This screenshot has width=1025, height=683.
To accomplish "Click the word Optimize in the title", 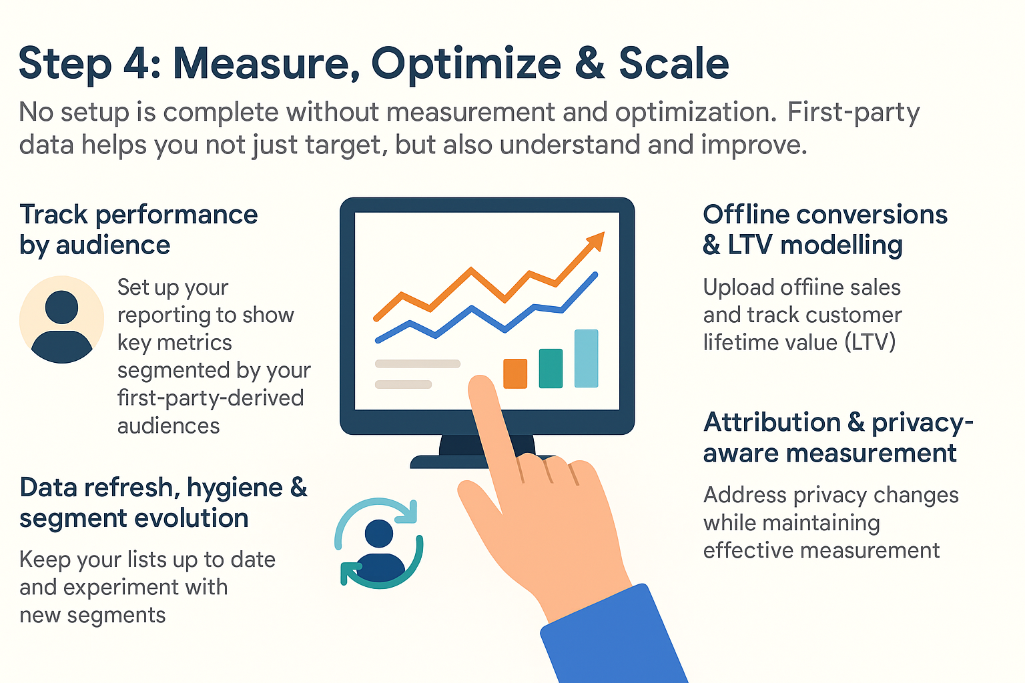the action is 466,65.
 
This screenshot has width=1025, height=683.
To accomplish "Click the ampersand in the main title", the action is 590,63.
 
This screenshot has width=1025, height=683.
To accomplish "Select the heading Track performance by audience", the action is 139,229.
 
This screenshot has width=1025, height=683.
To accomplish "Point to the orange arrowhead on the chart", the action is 596,241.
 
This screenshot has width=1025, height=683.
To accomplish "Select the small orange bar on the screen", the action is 515,374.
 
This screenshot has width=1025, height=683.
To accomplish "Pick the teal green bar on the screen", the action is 551,368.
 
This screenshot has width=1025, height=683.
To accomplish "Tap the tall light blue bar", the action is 587,358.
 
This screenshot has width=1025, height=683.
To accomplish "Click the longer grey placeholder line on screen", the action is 417,364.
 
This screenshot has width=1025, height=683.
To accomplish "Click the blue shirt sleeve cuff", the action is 614,636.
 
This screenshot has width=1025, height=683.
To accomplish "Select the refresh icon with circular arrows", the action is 379,542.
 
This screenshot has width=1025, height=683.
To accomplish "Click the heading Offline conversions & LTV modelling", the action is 825,229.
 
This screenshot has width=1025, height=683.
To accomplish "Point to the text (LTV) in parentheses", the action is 870,342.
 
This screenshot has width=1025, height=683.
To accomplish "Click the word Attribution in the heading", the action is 771,422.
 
